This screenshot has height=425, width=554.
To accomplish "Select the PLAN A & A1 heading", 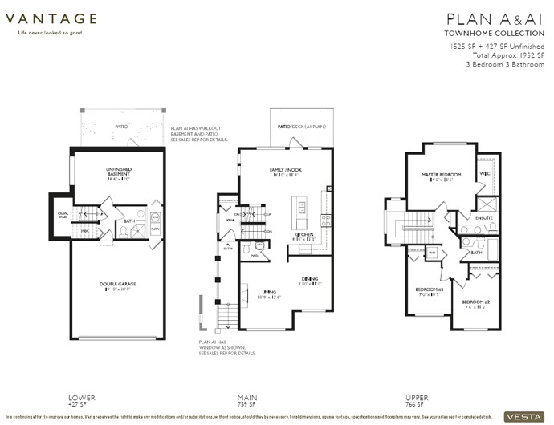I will pos(495,18).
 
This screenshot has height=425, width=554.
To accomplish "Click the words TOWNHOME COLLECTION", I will pos(495,34).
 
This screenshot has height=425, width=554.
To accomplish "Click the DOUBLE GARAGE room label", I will pos(118,285).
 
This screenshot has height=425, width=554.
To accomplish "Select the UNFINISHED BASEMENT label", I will pos(118,169).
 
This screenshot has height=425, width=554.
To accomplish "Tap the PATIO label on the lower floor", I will pos(121,126).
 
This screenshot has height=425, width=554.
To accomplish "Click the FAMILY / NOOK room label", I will pos(287,169).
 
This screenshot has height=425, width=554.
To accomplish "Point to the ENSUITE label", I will pos(483,218).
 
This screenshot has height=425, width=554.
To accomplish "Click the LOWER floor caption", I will pos(83,397).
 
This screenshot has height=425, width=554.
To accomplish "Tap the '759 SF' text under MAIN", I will pos(247,405).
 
